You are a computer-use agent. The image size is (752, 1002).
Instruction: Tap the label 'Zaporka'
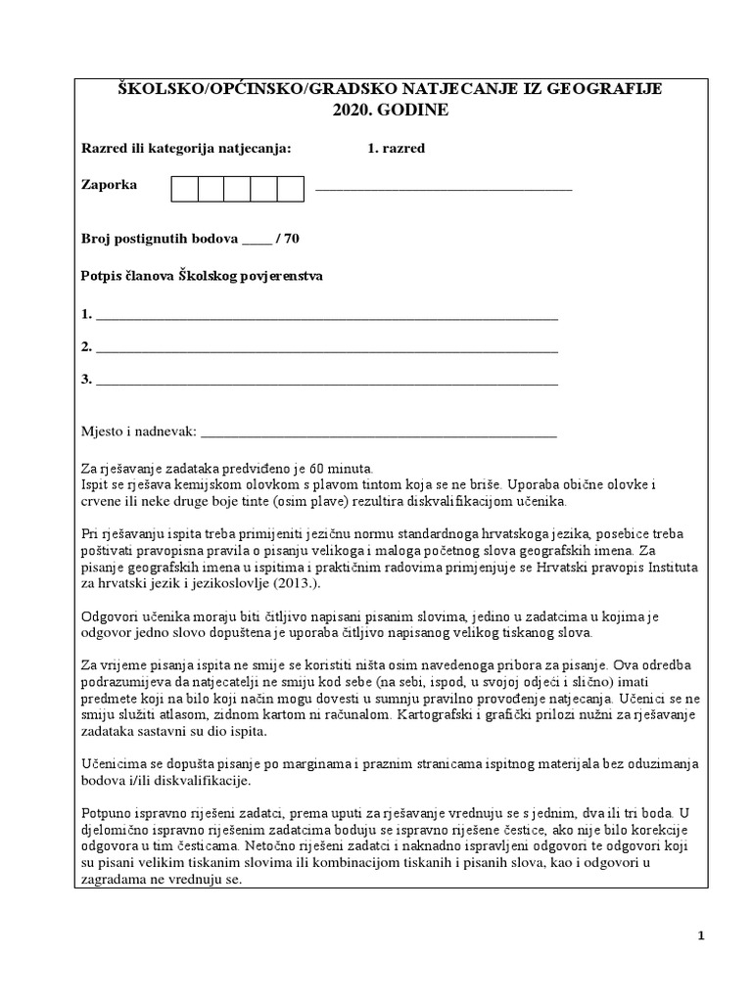pyautogui.click(x=109, y=185)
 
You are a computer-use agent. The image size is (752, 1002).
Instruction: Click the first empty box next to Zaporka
pyautogui.click(x=185, y=188)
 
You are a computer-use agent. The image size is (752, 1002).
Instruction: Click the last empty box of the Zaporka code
pyautogui.click(x=291, y=188)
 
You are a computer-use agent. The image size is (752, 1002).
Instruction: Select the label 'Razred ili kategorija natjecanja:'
pyautogui.click(x=186, y=149)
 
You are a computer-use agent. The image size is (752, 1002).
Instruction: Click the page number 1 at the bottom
pyautogui.click(x=701, y=936)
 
